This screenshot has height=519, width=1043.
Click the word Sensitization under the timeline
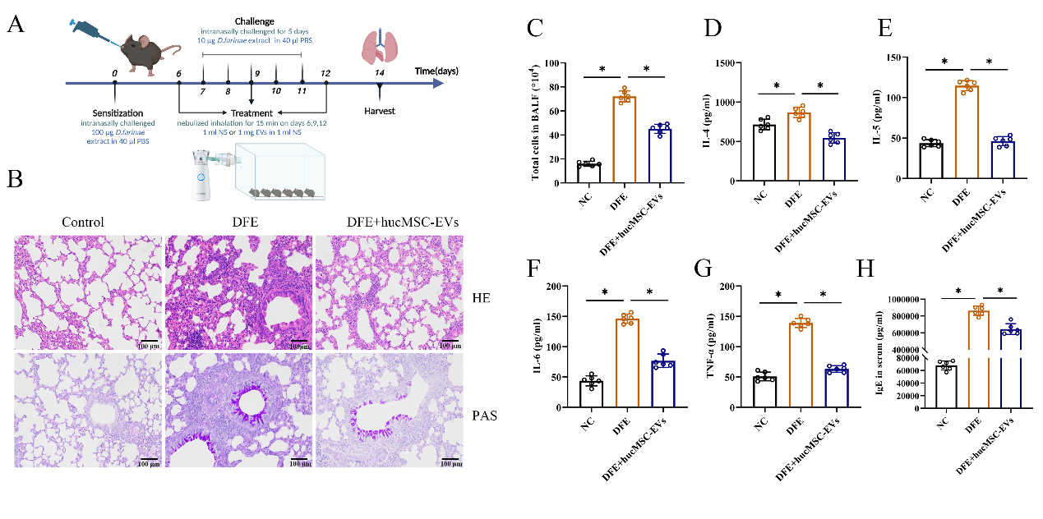pyautogui.click(x=118, y=113)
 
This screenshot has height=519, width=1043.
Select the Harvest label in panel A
pyautogui.click(x=380, y=110)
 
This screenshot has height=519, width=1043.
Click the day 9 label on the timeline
pyautogui.click(x=256, y=74)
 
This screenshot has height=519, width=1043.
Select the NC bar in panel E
pyautogui.click(x=930, y=161)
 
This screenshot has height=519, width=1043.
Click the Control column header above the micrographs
pyautogui.click(x=83, y=222)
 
